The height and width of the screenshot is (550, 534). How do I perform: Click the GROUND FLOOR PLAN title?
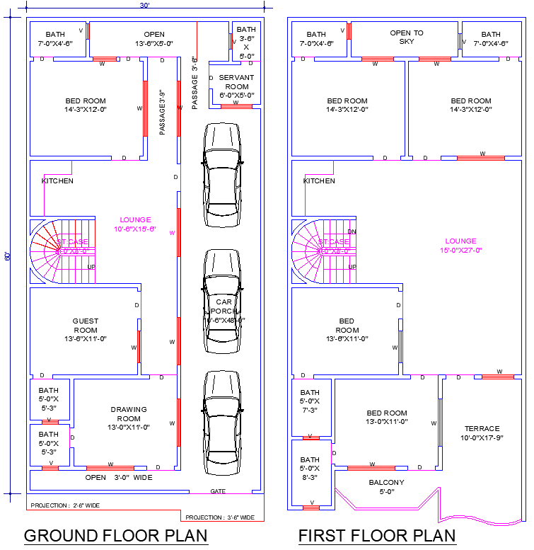(x=116, y=536)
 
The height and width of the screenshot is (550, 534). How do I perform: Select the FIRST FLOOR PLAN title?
(x=377, y=536)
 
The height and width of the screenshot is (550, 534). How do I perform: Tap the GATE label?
(x=219, y=491)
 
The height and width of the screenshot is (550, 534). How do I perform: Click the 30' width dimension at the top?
(x=144, y=6)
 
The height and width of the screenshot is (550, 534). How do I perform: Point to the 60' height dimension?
(x=8, y=256)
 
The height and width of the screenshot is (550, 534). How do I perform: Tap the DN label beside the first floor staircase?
(x=352, y=231)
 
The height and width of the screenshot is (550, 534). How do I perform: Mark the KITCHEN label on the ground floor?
(x=57, y=181)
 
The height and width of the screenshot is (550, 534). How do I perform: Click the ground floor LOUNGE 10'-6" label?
(x=135, y=224)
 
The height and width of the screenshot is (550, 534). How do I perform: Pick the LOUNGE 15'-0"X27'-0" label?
(x=460, y=246)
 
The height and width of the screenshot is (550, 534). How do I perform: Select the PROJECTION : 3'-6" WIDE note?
(x=219, y=517)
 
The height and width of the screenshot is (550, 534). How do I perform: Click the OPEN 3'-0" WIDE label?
(x=118, y=477)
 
